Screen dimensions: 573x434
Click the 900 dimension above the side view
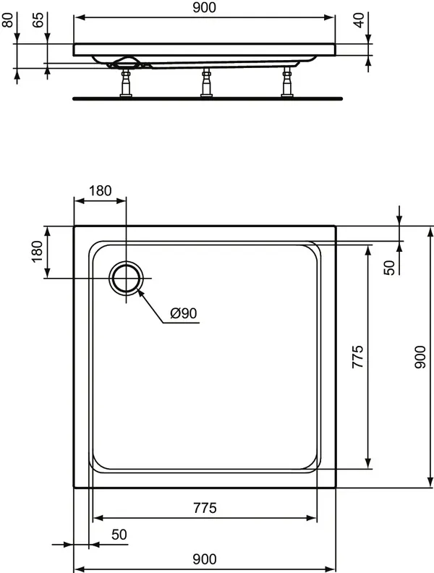tap(205, 8)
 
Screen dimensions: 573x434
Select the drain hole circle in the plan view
tap(127, 279)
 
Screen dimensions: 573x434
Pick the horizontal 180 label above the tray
tap(100, 191)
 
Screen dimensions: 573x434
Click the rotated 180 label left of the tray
tap(38, 252)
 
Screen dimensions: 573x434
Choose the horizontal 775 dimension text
tap(203, 508)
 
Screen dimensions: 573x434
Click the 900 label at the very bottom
tap(205, 559)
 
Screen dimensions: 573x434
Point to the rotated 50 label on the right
tap(389, 267)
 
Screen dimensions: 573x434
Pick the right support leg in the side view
tap(287, 81)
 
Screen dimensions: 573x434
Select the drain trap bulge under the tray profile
tap(127, 62)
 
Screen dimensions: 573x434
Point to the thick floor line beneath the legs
tap(207, 96)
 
